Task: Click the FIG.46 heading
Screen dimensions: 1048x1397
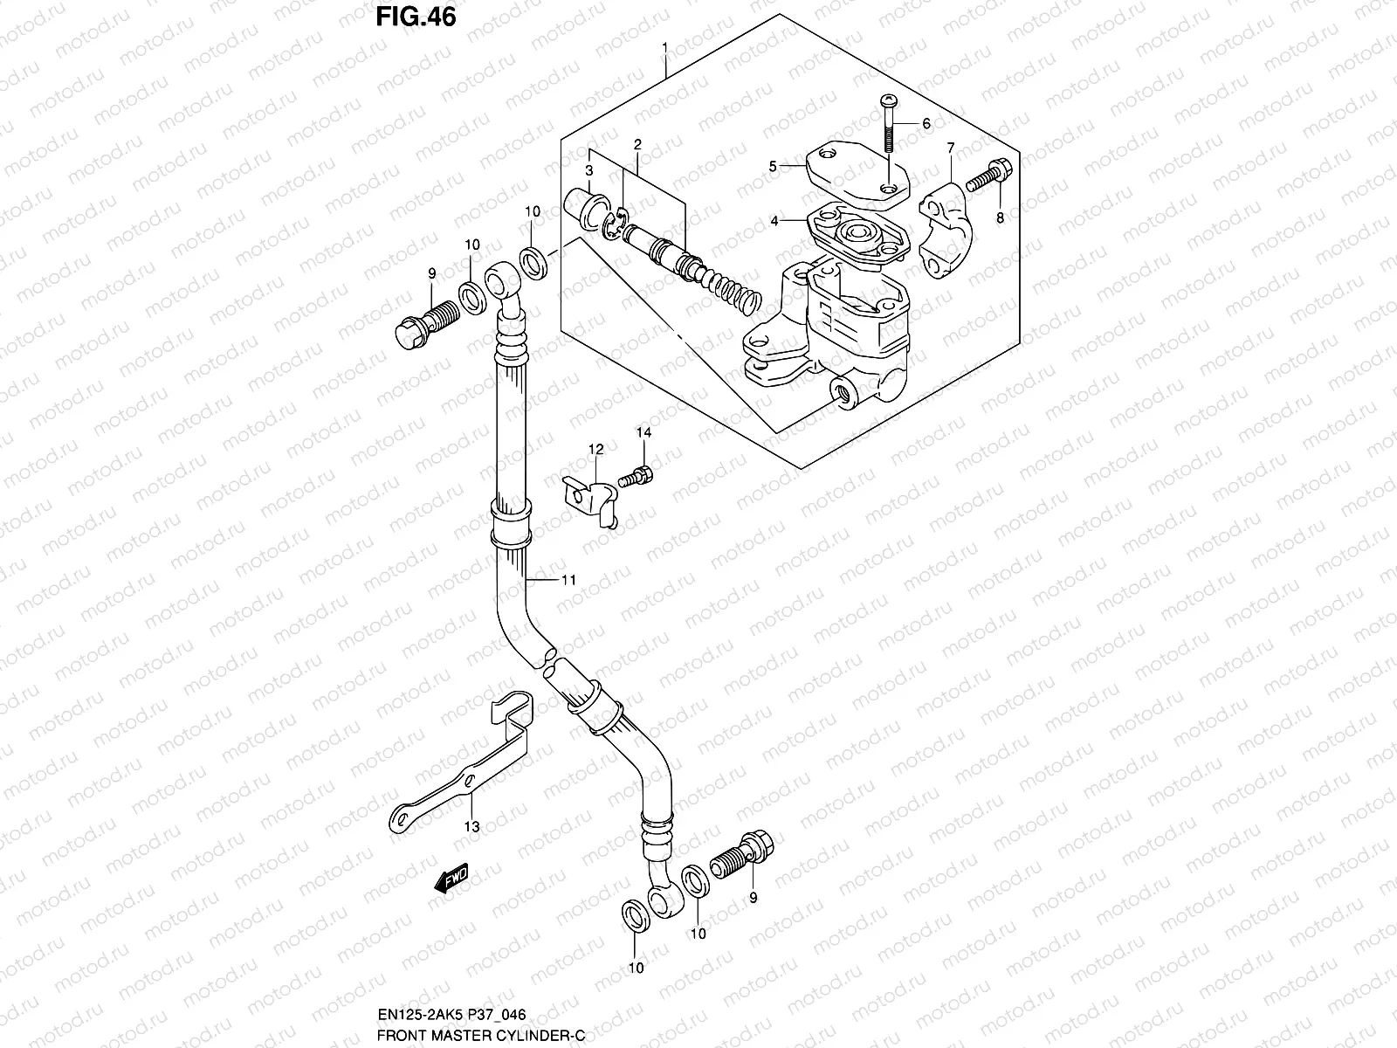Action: (x=415, y=17)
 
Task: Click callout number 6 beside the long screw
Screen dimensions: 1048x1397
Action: (x=926, y=123)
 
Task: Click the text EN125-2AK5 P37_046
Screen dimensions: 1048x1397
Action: (x=451, y=1016)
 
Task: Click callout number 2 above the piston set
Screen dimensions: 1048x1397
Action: (x=637, y=143)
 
